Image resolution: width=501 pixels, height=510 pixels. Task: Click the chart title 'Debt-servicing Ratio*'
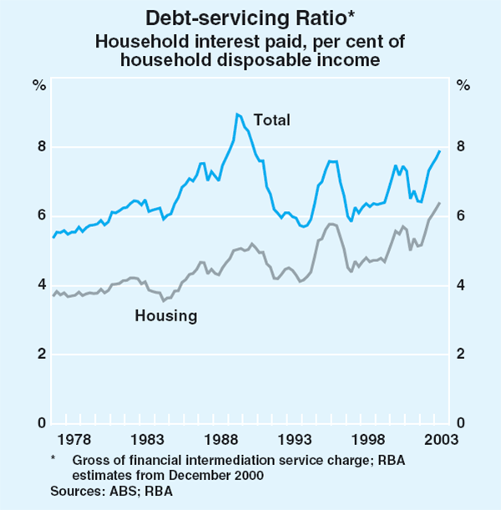point(250,17)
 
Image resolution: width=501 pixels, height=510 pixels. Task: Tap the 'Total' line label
point(272,120)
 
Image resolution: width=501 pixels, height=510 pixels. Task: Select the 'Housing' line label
point(166,316)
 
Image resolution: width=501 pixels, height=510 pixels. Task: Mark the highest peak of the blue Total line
point(237,114)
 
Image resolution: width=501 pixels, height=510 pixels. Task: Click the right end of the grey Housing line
point(440,203)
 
